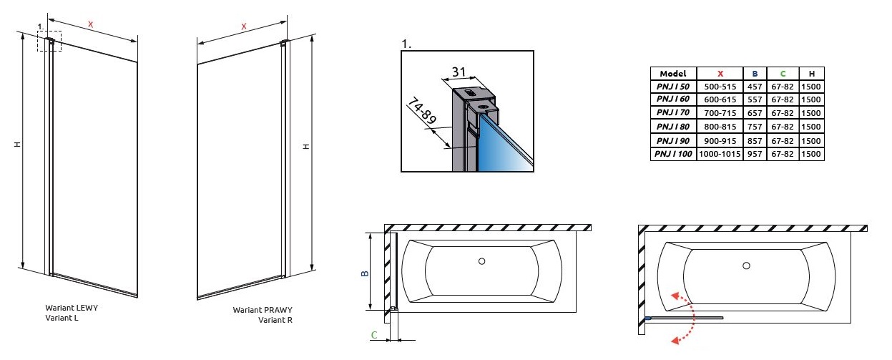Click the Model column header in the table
pos(672,74)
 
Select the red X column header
pos(720,74)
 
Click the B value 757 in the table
pos(755,127)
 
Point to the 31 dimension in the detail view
pos(459,72)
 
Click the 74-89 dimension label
pos(421,113)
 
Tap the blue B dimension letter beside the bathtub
pos(364,273)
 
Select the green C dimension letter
pos(373,334)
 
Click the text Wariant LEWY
pos(72,308)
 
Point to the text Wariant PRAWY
pos(263,311)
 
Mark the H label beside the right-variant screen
pos(305,146)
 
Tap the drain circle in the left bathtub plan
pos(481,261)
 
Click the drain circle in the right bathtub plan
pos(746,266)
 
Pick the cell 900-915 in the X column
pos(720,141)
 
